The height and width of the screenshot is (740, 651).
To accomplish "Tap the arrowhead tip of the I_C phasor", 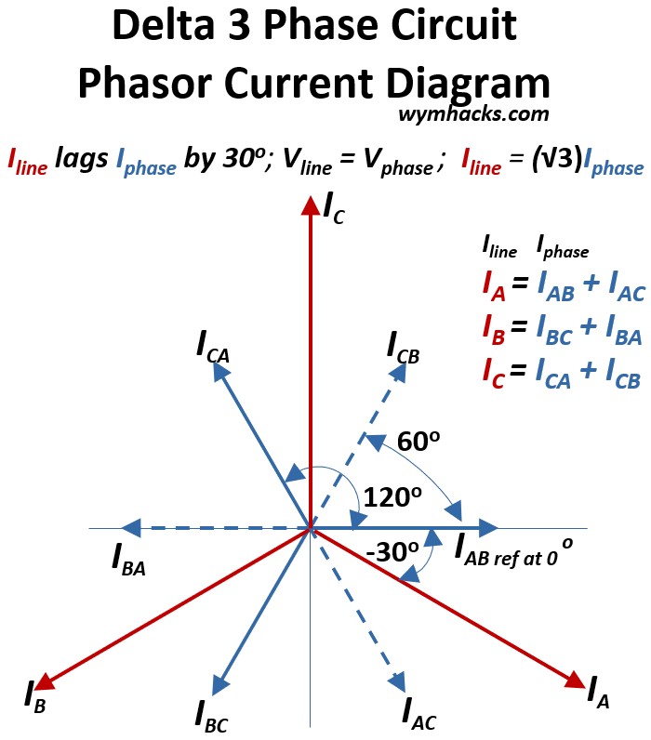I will (310, 202).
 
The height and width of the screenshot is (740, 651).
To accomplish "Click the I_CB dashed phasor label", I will (404, 349).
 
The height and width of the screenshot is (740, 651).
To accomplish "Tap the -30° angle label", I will (392, 552).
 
